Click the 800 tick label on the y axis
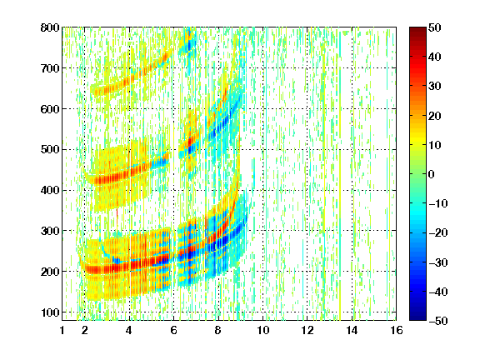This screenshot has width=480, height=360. click(x=50, y=27)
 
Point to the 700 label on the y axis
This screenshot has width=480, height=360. click(x=50, y=68)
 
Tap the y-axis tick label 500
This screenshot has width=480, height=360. click(x=50, y=150)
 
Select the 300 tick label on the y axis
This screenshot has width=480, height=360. click(x=50, y=231)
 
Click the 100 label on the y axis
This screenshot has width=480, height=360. click(x=50, y=312)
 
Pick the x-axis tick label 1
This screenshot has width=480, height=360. click(x=62, y=331)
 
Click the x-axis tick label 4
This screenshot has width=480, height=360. click(x=129, y=331)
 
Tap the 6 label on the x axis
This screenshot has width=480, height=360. click(x=173, y=331)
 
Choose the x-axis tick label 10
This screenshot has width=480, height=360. click(x=262, y=331)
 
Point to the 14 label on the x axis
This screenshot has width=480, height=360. click(x=352, y=331)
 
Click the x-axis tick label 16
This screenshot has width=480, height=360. click(x=397, y=331)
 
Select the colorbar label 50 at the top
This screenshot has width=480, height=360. click(x=435, y=27)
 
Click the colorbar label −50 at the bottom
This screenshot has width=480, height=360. click(x=438, y=321)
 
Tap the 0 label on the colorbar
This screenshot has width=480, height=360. click(x=432, y=174)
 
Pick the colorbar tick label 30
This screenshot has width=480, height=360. click(x=435, y=87)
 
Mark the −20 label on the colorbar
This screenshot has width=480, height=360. click(x=438, y=233)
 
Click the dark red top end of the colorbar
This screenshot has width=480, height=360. click(x=417, y=29)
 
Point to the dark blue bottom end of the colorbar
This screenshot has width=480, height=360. click(x=417, y=318)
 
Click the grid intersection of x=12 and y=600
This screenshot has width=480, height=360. click(x=307, y=108)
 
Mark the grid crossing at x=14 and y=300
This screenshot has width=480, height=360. click(x=352, y=231)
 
